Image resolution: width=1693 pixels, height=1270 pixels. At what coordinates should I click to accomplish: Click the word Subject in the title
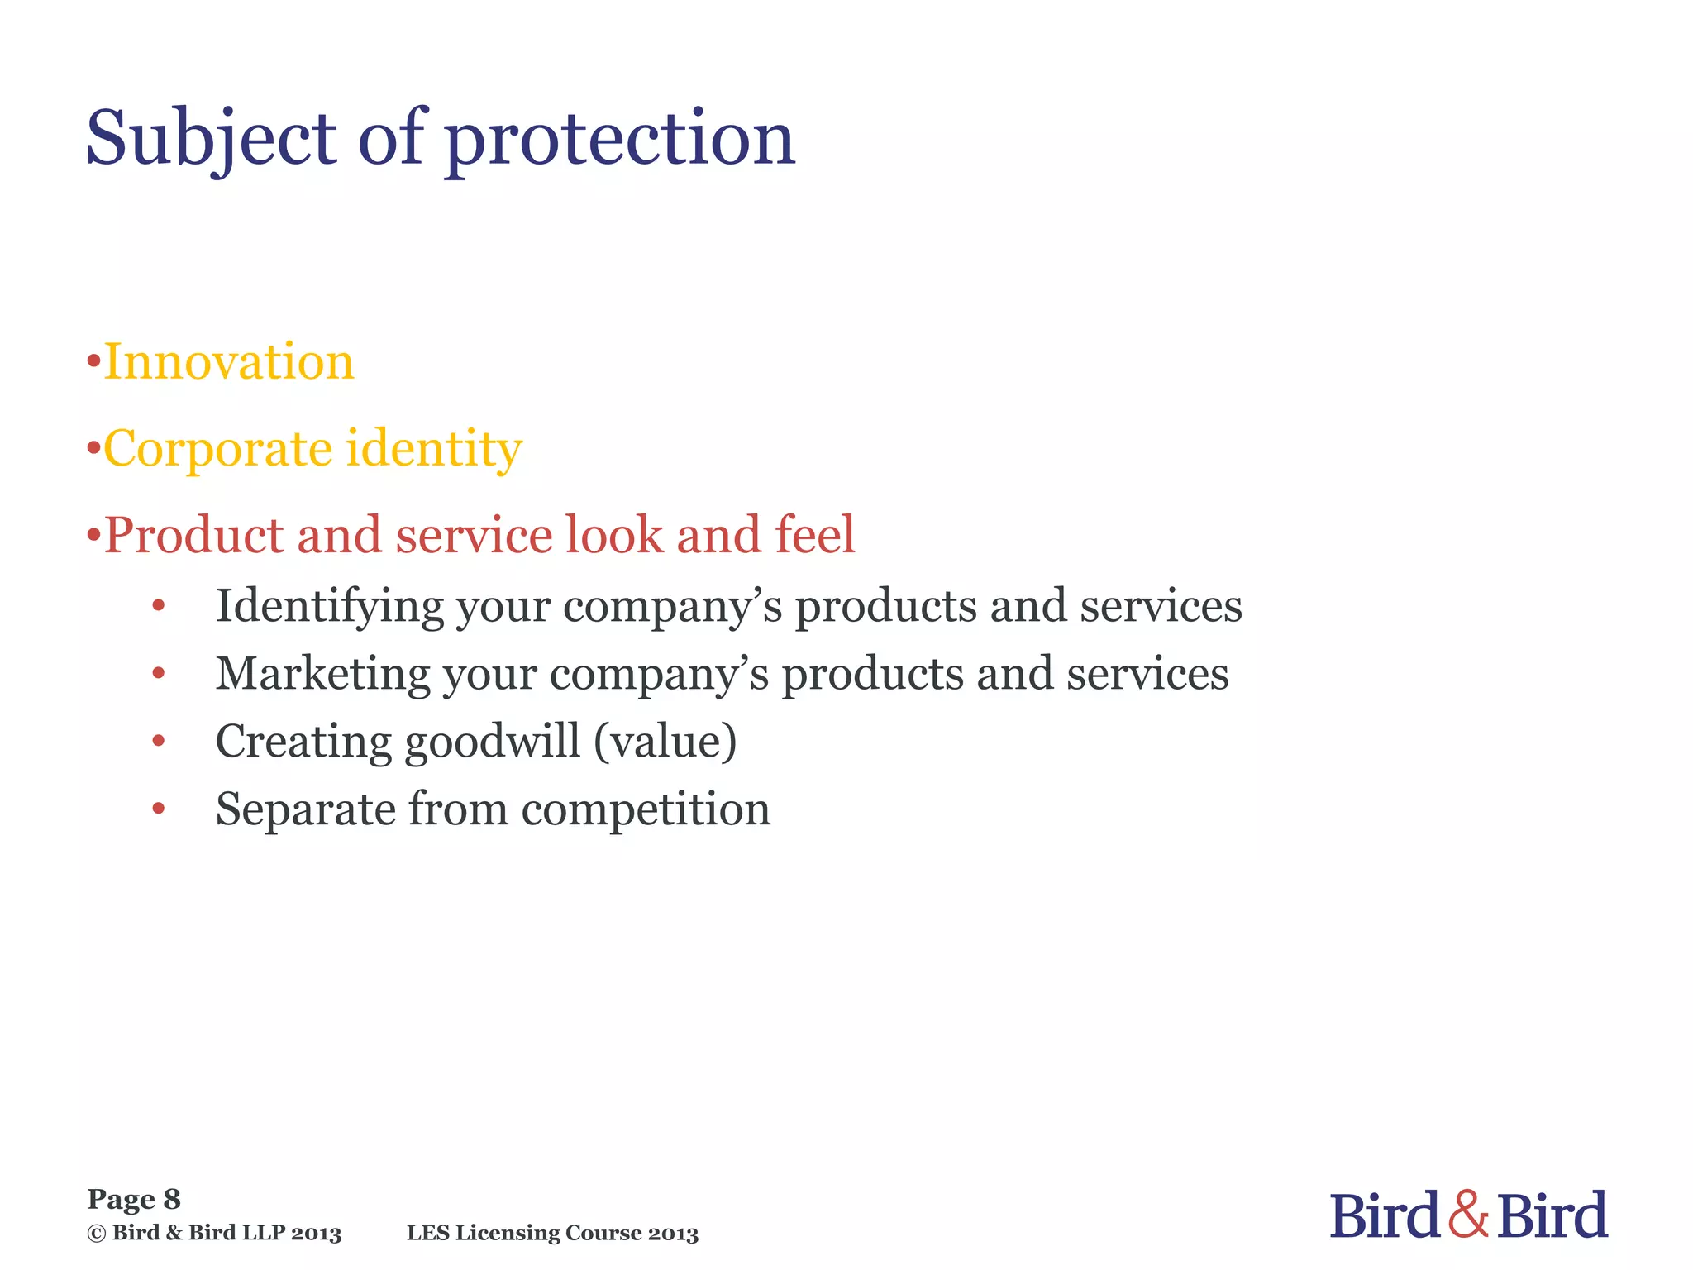point(211,139)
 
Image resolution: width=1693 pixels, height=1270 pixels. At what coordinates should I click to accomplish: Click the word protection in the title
point(620,139)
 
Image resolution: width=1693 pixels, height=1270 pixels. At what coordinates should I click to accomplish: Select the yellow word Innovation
point(229,362)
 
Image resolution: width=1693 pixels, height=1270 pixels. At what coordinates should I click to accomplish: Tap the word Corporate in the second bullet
point(217,449)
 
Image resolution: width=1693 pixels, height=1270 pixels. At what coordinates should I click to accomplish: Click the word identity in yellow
point(434,449)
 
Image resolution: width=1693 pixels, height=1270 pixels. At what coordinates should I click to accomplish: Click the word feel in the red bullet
point(814,534)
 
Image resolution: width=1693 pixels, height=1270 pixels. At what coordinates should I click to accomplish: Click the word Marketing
point(322,674)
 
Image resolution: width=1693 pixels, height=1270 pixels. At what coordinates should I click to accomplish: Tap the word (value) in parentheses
point(665,742)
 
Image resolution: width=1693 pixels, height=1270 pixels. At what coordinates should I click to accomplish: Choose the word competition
point(646,809)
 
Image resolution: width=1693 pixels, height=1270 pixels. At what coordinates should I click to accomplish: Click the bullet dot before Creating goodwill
point(159,742)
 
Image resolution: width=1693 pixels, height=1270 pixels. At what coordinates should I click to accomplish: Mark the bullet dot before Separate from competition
point(159,809)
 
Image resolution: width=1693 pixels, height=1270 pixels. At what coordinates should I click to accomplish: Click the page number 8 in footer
point(172,1199)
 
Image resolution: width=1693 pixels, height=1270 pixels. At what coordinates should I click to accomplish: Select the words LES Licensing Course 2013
point(552,1234)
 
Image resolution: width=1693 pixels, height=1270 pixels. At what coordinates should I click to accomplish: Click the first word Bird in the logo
point(1385,1215)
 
